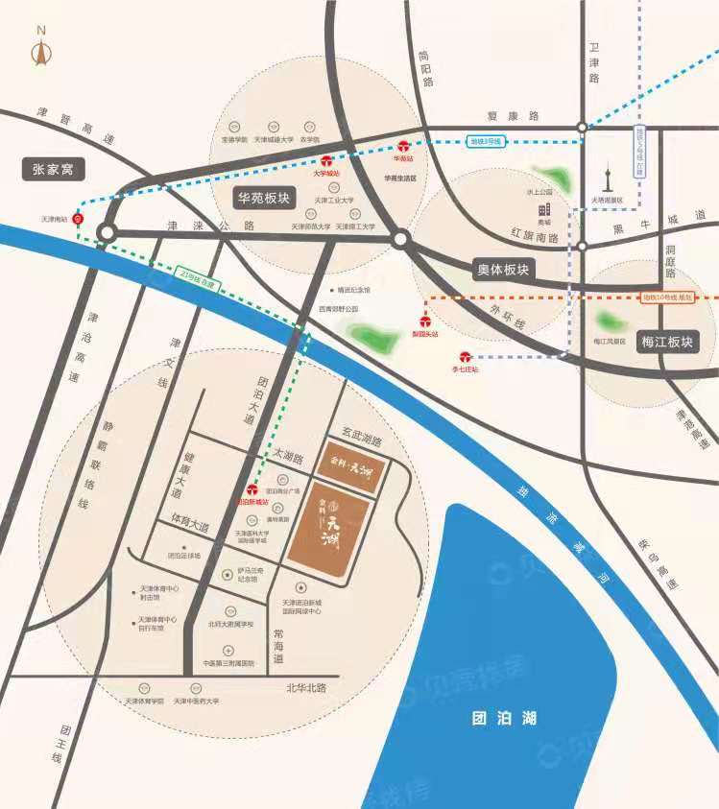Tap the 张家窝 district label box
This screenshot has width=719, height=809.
(x=53, y=170)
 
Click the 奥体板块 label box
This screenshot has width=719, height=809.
(x=504, y=269)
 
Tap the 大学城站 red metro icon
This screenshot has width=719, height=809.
(x=326, y=161)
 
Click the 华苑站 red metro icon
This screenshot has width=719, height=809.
(x=403, y=148)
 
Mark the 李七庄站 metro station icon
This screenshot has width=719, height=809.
(x=465, y=356)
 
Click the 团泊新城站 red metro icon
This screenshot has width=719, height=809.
(x=252, y=488)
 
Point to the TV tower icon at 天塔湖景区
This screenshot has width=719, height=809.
(x=607, y=178)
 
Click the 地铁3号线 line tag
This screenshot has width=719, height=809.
(x=485, y=141)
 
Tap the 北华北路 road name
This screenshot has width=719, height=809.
(x=306, y=688)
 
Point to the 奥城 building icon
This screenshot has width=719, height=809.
(x=544, y=208)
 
